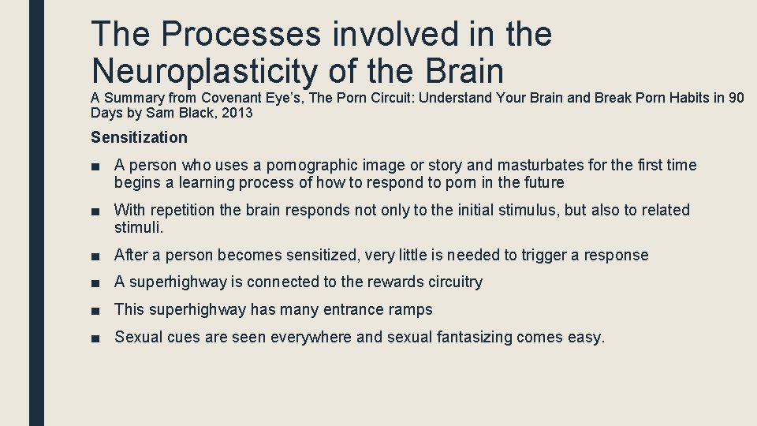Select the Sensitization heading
tap(139, 137)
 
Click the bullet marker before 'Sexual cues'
tap(96, 338)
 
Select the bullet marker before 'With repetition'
tap(96, 211)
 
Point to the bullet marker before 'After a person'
tap(96, 256)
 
